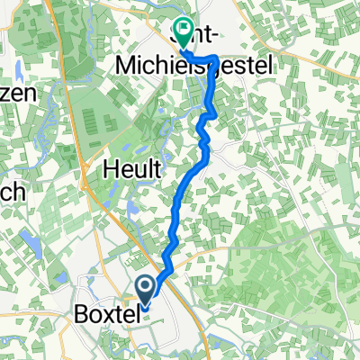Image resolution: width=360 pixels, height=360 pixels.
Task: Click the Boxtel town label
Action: pos(104,317)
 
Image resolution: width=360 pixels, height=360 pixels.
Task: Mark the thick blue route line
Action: pos(184,198)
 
